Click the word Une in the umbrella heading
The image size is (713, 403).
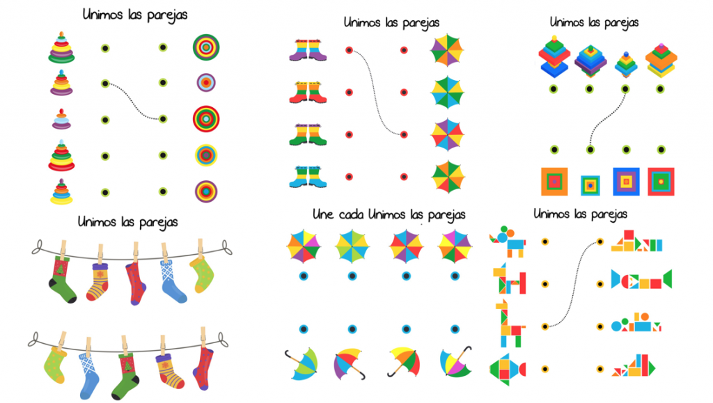(325, 214)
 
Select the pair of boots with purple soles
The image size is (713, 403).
(308, 51)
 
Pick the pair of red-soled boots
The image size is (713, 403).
(308, 93)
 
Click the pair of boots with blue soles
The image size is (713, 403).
(308, 176)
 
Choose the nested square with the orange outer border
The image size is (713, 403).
(555, 182)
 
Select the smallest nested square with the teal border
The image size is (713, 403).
(590, 184)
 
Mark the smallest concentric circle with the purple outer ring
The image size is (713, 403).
(206, 83)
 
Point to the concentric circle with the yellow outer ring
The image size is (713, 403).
(206, 154)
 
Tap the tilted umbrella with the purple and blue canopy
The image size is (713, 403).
(350, 363)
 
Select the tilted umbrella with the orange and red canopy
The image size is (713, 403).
(404, 360)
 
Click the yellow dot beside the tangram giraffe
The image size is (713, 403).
(545, 325)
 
